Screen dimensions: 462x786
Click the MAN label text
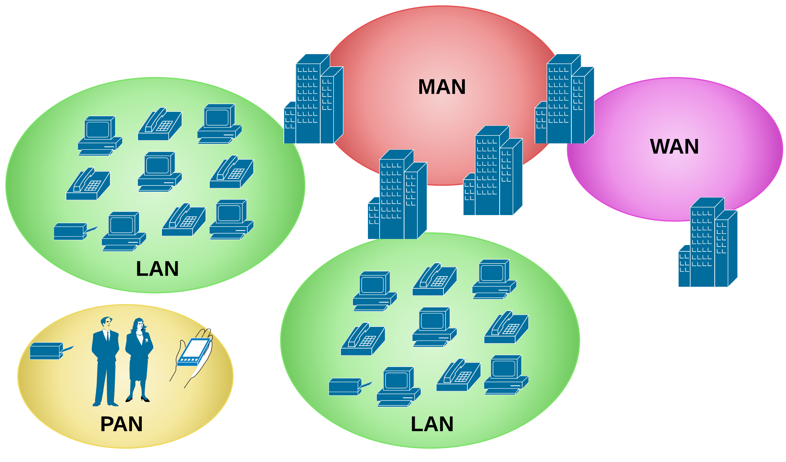pos(442,87)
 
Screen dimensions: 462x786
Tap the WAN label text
pos(674,147)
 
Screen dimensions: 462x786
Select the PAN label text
pos(121,424)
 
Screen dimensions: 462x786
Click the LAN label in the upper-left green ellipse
pos(157,269)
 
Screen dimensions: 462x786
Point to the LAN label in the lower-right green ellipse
pos(432,424)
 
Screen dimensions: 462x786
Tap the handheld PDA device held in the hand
pos(194,352)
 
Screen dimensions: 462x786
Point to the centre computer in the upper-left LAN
pos(159,172)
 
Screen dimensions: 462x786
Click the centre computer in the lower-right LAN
pos(434,328)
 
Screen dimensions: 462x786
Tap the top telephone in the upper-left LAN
pos(160,124)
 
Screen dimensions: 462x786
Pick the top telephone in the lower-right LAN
pos(434,280)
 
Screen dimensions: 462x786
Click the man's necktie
pos(108,337)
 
